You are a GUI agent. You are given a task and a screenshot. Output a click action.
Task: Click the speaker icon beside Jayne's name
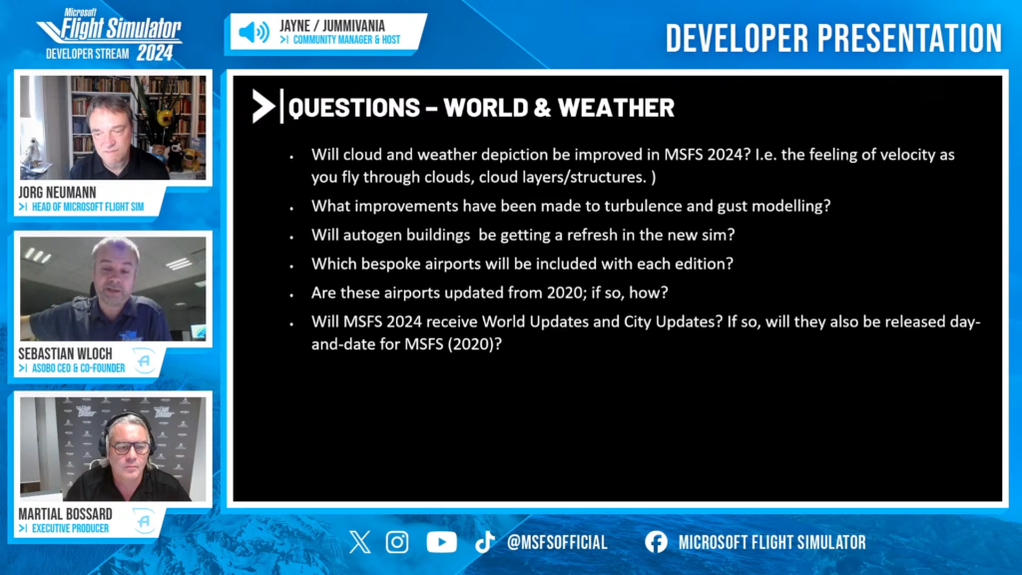[x=254, y=32]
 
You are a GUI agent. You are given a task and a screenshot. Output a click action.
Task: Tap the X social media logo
[x=359, y=542]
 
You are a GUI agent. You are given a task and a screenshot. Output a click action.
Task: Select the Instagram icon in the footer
[x=397, y=542]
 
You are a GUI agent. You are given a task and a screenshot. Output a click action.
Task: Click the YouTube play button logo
[x=441, y=542]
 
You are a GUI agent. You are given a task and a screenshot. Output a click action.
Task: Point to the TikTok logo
[x=484, y=542]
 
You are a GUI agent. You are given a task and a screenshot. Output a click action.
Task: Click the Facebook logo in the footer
[x=657, y=542]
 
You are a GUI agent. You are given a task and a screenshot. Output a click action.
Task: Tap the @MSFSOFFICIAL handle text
[x=557, y=542]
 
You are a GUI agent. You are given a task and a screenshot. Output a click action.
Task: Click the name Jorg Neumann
[x=57, y=193]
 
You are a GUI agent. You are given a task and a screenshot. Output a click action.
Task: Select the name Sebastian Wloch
[x=65, y=354]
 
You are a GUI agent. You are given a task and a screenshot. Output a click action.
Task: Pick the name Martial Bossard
[x=65, y=514]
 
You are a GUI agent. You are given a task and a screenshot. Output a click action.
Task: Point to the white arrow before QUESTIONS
[x=263, y=106]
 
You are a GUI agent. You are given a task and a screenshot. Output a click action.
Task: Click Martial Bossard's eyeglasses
[x=131, y=448]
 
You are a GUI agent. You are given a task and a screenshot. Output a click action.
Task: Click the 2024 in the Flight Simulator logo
[x=155, y=54]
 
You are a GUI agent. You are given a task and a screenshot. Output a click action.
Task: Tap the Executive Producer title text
[x=71, y=529]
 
